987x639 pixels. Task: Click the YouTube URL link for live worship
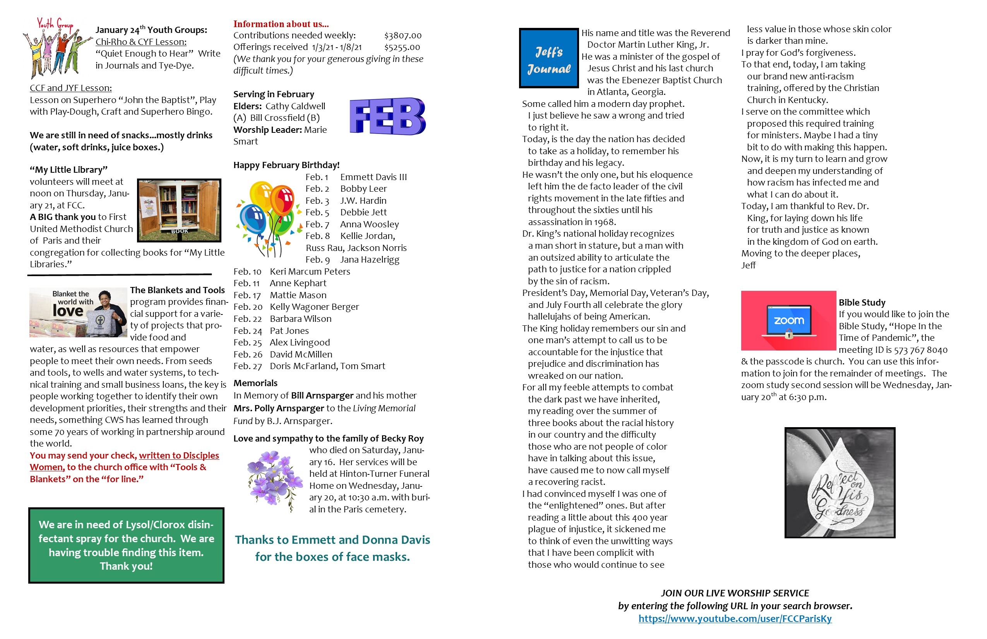(x=735, y=619)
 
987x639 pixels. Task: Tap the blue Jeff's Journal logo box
(x=549, y=58)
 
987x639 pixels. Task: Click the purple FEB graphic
(x=387, y=116)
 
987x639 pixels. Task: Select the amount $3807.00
(x=403, y=36)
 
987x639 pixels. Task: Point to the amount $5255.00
(x=402, y=47)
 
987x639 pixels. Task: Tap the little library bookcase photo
(x=179, y=210)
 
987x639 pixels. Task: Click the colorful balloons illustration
(x=267, y=218)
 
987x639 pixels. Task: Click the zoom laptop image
(x=788, y=321)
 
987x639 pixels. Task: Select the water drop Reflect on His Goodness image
(x=840, y=483)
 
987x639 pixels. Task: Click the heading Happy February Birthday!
(x=286, y=165)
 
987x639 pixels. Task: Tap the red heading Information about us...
(x=281, y=24)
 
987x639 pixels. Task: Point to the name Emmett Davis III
(x=373, y=177)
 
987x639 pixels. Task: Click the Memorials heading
(x=255, y=383)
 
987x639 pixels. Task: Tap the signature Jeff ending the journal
(x=748, y=265)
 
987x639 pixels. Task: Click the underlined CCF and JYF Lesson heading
(x=70, y=88)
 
